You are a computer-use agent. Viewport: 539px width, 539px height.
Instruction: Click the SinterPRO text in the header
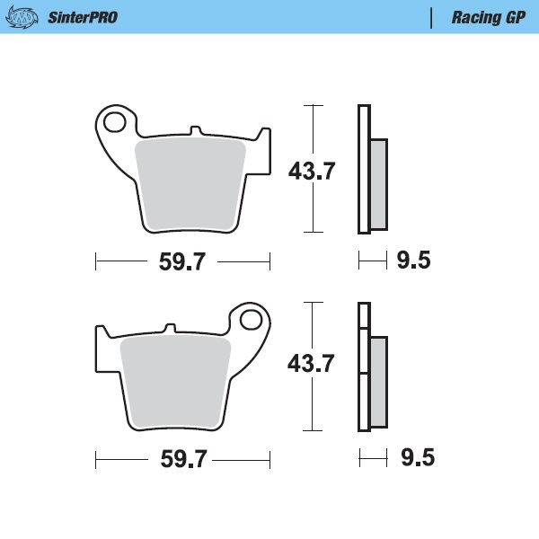82,17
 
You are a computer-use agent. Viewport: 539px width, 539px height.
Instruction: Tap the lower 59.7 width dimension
182,459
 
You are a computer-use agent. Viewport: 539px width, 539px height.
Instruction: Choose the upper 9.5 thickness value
413,261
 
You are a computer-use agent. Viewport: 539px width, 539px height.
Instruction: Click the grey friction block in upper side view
378,184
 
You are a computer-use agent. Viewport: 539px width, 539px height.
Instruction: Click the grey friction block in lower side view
378,382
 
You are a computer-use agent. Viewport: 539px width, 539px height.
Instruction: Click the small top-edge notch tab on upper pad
196,134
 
